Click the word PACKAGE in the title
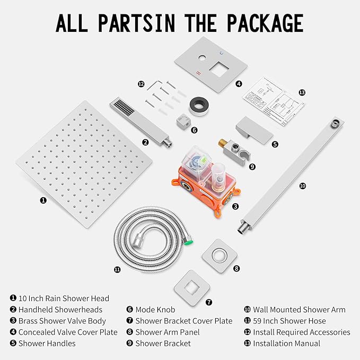[x=265, y=23]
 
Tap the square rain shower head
[x=84, y=164]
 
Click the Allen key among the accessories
[x=154, y=85]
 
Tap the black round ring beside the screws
[x=199, y=106]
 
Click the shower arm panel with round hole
[x=219, y=256]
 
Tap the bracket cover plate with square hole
[x=192, y=288]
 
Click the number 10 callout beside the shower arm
[x=303, y=186]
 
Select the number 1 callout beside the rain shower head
[x=43, y=200]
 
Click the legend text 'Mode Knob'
[x=155, y=310]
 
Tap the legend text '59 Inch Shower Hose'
[x=289, y=321]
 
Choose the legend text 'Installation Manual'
[x=286, y=344]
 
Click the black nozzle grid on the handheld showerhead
[x=124, y=108]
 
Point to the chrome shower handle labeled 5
[x=254, y=130]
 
